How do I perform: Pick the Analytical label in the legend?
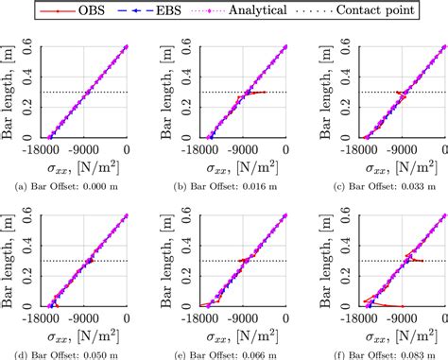[284, 11]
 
